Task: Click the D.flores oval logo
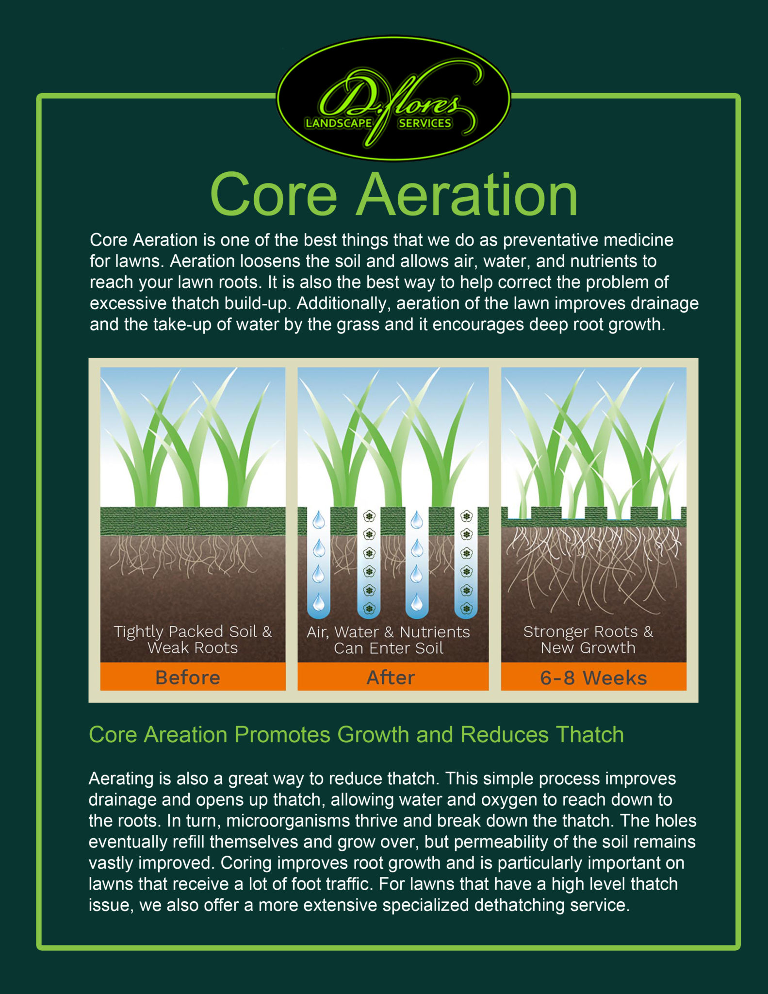pyautogui.click(x=393, y=98)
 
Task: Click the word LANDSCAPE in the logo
pyautogui.click(x=339, y=123)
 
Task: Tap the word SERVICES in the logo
pyautogui.click(x=425, y=123)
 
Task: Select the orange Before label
pyautogui.click(x=193, y=677)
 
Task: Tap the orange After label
pyautogui.click(x=392, y=677)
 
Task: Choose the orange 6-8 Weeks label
pyautogui.click(x=593, y=677)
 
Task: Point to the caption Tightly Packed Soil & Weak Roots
pyautogui.click(x=193, y=640)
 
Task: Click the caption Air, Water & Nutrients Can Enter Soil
pyautogui.click(x=389, y=640)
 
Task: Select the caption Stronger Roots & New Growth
pyautogui.click(x=588, y=639)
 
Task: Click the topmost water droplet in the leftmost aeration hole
pyautogui.click(x=319, y=520)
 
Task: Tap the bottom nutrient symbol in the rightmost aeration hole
pyautogui.click(x=466, y=608)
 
